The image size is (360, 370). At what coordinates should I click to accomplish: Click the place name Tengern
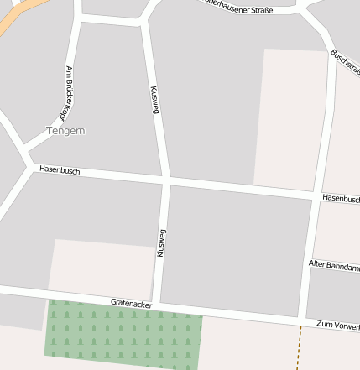65,131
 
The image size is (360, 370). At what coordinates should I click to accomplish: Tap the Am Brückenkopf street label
66,93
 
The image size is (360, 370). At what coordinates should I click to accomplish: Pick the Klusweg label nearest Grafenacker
161,242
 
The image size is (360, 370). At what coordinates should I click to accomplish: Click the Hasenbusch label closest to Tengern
60,170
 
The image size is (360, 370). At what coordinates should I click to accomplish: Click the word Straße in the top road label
257,10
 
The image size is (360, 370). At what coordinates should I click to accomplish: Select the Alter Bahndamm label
334,266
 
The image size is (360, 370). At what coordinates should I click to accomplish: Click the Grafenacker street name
131,302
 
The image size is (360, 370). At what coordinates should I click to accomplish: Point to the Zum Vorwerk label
337,325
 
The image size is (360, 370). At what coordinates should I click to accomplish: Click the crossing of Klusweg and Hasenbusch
166,180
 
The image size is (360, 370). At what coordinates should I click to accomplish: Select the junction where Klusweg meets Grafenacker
156,305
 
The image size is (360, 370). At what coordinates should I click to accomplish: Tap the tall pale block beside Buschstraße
290,117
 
